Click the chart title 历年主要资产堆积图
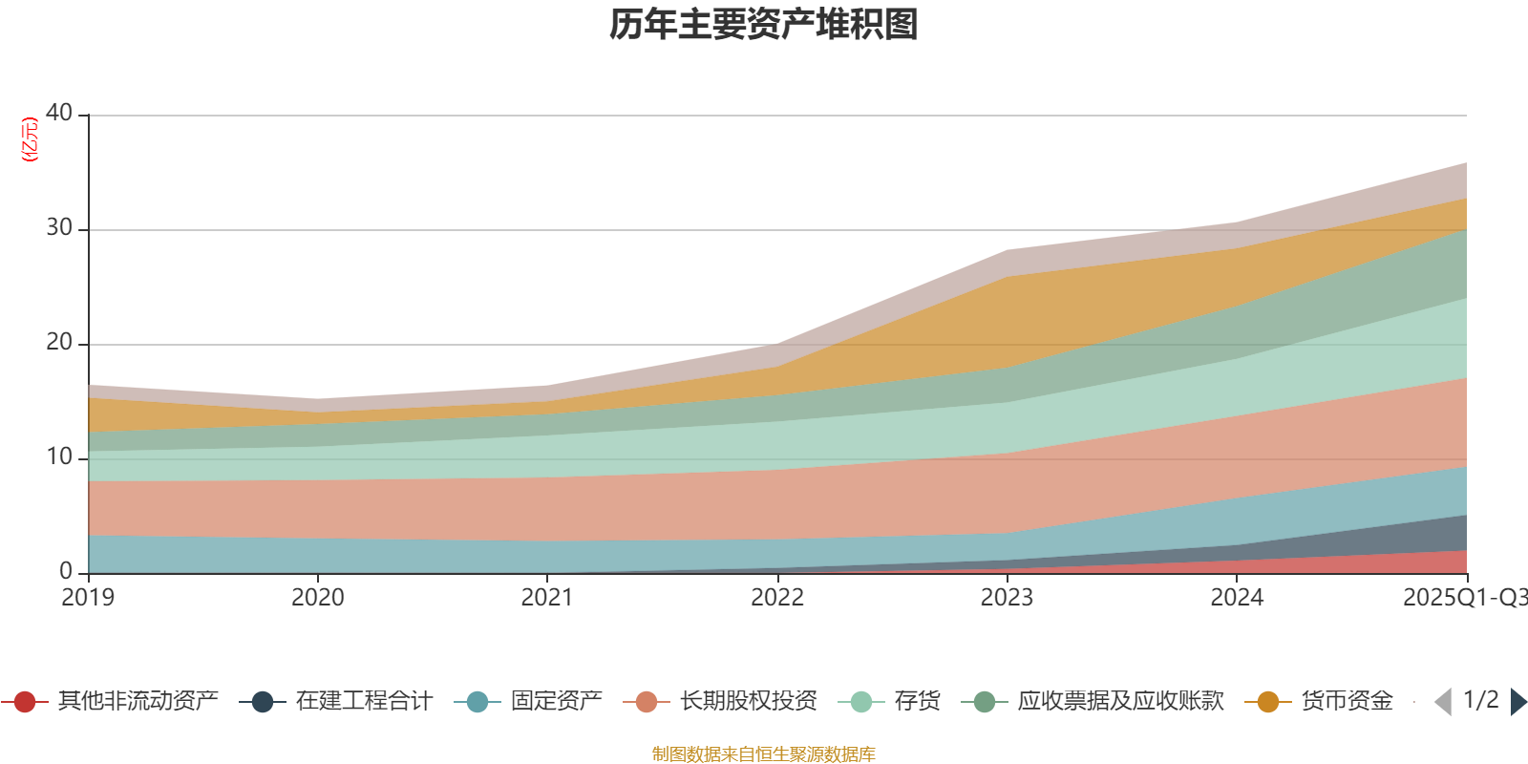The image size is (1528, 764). pyautogui.click(x=764, y=25)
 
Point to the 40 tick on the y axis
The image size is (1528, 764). pyautogui.click(x=59, y=113)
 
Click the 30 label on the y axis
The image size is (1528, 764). pyautogui.click(x=59, y=227)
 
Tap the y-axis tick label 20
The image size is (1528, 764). pyautogui.click(x=59, y=342)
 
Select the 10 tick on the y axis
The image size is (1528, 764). pyautogui.click(x=59, y=456)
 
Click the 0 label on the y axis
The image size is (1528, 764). pyautogui.click(x=66, y=571)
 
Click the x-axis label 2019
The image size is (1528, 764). pyautogui.click(x=88, y=598)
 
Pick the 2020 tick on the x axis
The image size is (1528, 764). pyautogui.click(x=317, y=598)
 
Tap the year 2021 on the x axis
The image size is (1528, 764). pyautogui.click(x=547, y=598)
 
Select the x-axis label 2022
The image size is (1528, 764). pyautogui.click(x=777, y=598)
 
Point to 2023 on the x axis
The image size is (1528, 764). pyautogui.click(x=1007, y=598)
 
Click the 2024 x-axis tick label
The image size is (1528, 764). pyautogui.click(x=1237, y=598)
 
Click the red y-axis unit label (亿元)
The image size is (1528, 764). pyautogui.click(x=30, y=139)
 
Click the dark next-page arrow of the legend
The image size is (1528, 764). pyautogui.click(x=1517, y=702)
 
